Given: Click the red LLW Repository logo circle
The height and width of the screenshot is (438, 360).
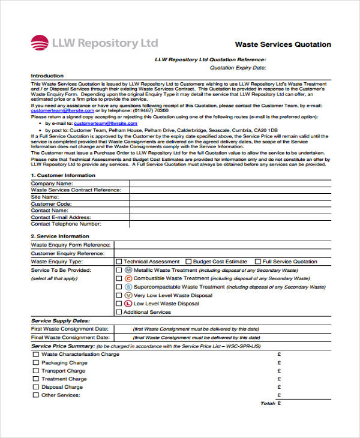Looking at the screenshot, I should (40, 43).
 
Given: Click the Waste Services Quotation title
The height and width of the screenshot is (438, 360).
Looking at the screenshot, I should (283, 44).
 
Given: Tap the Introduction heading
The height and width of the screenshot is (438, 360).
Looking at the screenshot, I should (47, 76).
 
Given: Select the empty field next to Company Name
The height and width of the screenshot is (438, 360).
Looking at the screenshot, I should (229, 183).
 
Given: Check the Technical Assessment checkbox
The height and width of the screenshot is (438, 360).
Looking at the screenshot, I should (119, 262).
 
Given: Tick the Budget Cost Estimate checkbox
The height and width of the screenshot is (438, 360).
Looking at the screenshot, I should (188, 262).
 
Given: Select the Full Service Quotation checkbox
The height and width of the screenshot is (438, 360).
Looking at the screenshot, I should (258, 262).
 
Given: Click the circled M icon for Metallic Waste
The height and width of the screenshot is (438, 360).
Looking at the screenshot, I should (128, 270).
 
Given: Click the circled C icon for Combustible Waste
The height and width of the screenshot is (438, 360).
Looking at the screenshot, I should (128, 278).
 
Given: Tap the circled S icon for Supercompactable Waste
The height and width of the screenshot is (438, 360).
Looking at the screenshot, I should (128, 287).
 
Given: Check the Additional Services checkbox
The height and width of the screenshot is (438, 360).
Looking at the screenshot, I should (119, 312).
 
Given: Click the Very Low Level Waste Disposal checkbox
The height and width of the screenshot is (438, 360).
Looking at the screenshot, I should (119, 295).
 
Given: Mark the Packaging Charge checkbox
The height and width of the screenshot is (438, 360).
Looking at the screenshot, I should (35, 363).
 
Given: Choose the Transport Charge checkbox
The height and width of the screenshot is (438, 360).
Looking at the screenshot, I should (35, 371).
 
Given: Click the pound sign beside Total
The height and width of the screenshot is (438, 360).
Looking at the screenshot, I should (279, 404).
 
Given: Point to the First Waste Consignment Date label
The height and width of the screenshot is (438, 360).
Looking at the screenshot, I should (70, 329).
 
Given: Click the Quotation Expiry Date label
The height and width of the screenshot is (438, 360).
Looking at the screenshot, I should (237, 68).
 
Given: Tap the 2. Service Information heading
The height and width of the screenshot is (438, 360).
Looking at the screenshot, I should (59, 236).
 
